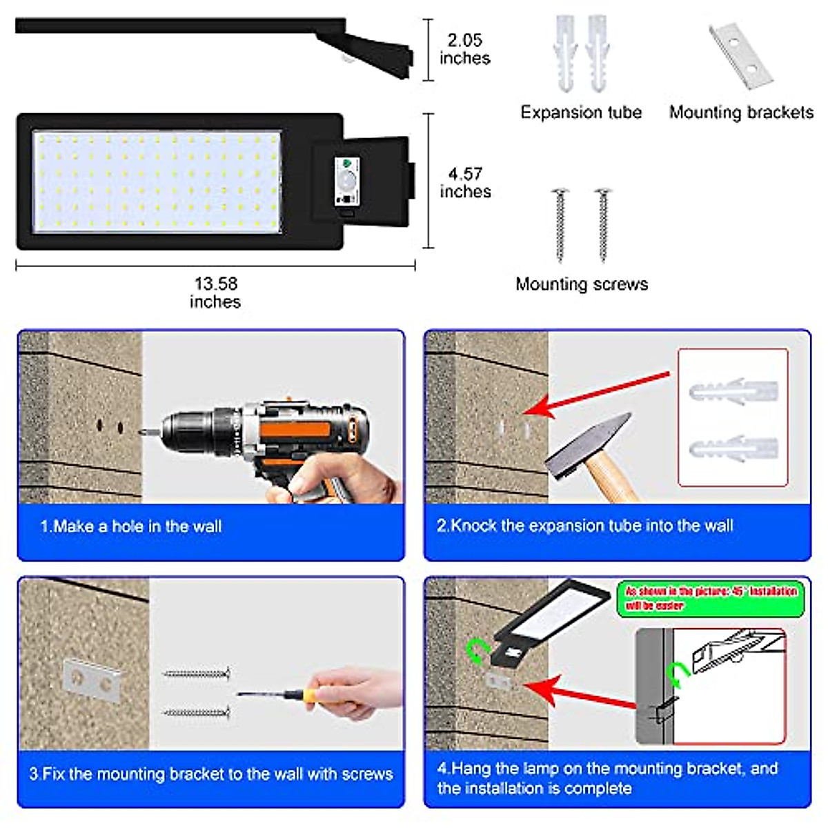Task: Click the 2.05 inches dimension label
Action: tap(464, 49)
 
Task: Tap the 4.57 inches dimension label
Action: tap(465, 183)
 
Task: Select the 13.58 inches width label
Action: tap(215, 293)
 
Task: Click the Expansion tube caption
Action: tap(581, 112)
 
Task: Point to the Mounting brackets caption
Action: tap(741, 112)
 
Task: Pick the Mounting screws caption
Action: tap(582, 284)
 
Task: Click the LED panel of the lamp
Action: tap(157, 181)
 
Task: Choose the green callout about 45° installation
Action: tap(711, 598)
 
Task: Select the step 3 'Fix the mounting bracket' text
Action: tap(210, 774)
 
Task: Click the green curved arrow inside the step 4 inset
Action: tap(679, 674)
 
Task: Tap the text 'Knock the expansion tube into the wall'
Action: tap(584, 526)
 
